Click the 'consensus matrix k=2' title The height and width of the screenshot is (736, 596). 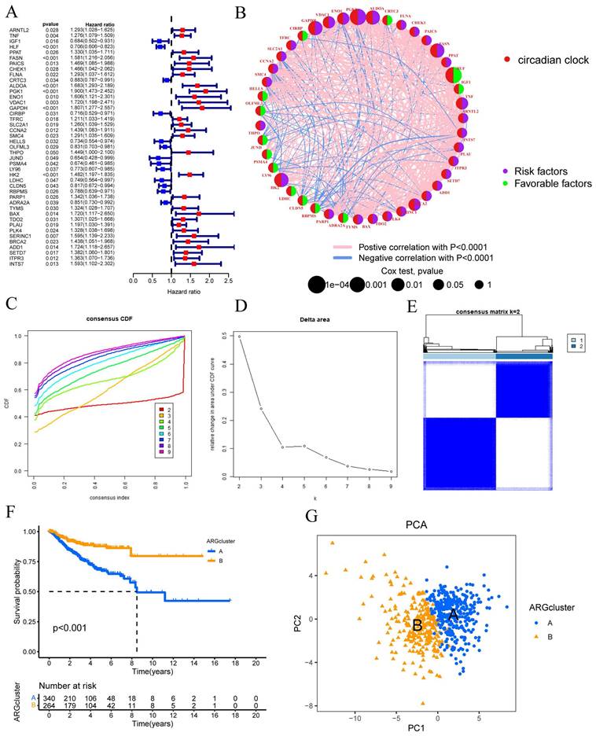pos(487,312)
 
